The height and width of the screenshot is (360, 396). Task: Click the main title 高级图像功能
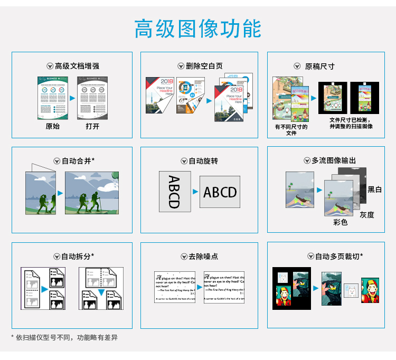tap(197, 29)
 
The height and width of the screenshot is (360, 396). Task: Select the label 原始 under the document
tap(53, 126)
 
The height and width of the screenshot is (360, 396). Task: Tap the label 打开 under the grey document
tap(92, 126)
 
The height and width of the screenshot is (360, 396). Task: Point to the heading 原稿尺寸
tap(319, 66)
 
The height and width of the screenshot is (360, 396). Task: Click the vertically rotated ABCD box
tap(174, 191)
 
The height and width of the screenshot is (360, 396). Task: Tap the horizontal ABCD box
tap(220, 192)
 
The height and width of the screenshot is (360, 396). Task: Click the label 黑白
tap(375, 189)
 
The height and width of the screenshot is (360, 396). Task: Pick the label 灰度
tap(367, 215)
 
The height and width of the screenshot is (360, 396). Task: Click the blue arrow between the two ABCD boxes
tap(195, 192)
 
